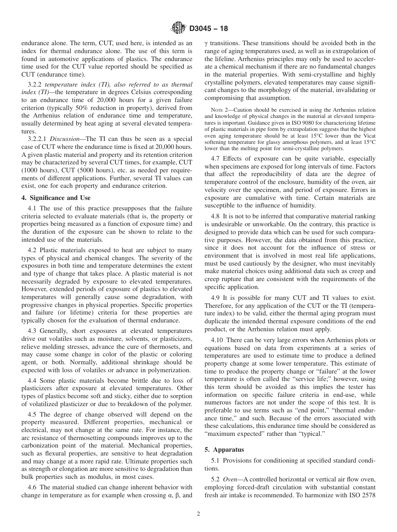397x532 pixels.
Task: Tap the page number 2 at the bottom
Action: [x=198, y=514]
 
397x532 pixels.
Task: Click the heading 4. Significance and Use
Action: [x=56, y=197]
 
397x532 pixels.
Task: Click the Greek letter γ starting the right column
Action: [x=206, y=43]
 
